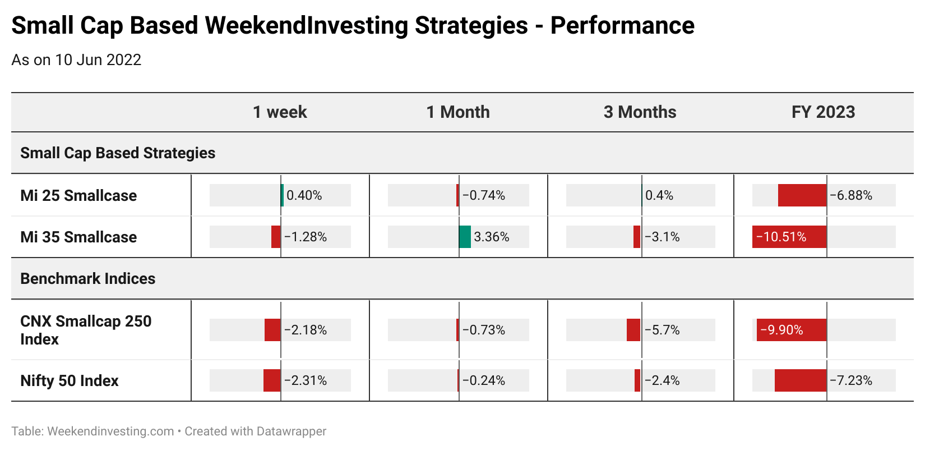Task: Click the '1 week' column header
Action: pyautogui.click(x=280, y=112)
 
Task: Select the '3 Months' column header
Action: pyautogui.click(x=640, y=112)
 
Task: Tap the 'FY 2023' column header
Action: pyautogui.click(x=823, y=112)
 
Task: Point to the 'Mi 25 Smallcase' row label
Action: pyautogui.click(x=78, y=195)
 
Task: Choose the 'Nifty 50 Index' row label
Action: pyautogui.click(x=70, y=380)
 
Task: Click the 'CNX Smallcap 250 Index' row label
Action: pyautogui.click(x=86, y=330)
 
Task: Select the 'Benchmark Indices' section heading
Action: pyautogui.click(x=87, y=278)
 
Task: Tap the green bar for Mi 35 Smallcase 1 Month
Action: pyautogui.click(x=465, y=237)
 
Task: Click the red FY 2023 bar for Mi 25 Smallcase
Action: pyautogui.click(x=802, y=195)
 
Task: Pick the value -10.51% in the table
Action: pyautogui.click(x=781, y=237)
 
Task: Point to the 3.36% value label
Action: pyautogui.click(x=492, y=237)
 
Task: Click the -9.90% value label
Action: pyautogui.click(x=781, y=330)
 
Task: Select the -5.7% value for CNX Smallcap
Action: pyautogui.click(x=662, y=330)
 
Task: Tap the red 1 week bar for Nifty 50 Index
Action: pyautogui.click(x=272, y=380)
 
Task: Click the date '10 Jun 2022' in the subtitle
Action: pyautogui.click(x=98, y=60)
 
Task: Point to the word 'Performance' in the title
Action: pyautogui.click(x=622, y=25)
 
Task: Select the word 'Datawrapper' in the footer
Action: pyautogui.click(x=291, y=431)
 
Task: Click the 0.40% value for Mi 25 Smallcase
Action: pyautogui.click(x=304, y=195)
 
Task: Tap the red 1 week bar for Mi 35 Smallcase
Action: pyautogui.click(x=276, y=237)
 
